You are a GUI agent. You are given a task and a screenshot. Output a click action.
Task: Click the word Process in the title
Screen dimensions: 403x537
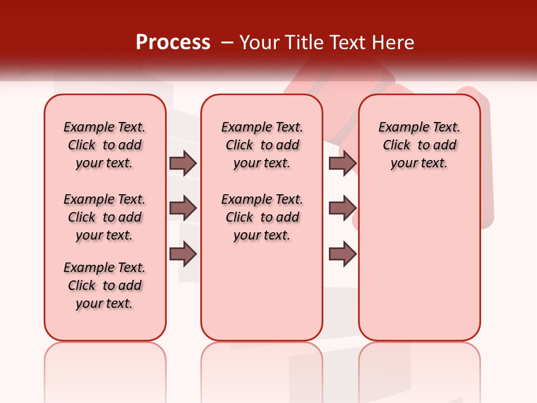point(173,43)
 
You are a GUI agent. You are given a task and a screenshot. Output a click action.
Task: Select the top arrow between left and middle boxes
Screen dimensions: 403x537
point(183,163)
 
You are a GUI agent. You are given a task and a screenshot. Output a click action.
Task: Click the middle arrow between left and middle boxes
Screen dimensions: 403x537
point(183,208)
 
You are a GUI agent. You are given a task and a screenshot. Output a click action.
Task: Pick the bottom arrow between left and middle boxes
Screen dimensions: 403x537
point(183,254)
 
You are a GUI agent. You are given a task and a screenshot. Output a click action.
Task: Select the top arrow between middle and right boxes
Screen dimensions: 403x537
point(342,163)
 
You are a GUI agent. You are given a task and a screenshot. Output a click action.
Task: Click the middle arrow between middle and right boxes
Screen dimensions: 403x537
point(342,208)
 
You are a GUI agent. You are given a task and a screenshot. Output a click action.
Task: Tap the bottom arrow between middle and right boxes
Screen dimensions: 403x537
point(342,254)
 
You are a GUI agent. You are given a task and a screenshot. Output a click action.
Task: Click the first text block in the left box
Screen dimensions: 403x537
point(105,145)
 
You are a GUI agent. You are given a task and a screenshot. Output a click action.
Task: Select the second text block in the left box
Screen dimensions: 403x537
point(105,217)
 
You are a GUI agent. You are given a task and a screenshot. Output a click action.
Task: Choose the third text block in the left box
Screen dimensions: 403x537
point(105,285)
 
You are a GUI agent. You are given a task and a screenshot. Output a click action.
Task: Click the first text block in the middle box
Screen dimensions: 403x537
point(262,145)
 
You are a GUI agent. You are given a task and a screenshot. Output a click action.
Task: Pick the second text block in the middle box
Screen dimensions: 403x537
point(262,217)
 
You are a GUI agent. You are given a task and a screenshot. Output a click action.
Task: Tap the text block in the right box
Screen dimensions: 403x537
point(420,145)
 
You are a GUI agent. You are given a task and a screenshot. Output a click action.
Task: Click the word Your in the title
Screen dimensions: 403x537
point(258,43)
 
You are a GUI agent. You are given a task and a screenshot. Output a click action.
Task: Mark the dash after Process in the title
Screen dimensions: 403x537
point(227,43)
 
